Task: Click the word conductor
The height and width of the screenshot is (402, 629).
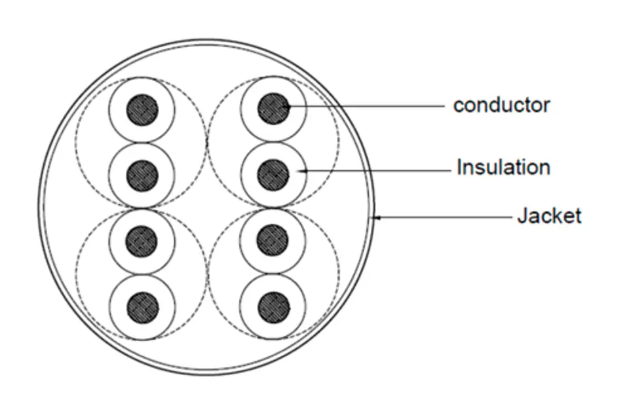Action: (501, 105)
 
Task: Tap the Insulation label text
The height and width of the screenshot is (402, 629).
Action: (503, 167)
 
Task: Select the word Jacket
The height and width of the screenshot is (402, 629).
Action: (549, 216)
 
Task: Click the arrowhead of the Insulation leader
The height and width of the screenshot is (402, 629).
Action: (301, 171)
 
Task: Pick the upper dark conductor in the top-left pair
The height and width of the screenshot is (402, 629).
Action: (142, 110)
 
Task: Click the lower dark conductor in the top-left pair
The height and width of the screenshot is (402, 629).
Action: (142, 175)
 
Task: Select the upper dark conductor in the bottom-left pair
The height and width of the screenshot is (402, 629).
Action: (142, 242)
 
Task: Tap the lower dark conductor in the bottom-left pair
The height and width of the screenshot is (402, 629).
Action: (143, 308)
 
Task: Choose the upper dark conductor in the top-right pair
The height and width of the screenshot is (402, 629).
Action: (274, 109)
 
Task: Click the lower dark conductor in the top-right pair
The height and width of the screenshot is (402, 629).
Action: (273, 175)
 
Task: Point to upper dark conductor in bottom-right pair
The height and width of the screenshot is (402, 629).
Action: (273, 240)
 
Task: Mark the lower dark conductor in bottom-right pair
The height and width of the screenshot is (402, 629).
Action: (274, 308)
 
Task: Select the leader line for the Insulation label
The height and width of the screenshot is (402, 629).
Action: (374, 171)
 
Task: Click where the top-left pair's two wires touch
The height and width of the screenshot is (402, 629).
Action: (142, 143)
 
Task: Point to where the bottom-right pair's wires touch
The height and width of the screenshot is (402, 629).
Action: (273, 274)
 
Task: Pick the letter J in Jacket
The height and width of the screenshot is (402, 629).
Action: (522, 216)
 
